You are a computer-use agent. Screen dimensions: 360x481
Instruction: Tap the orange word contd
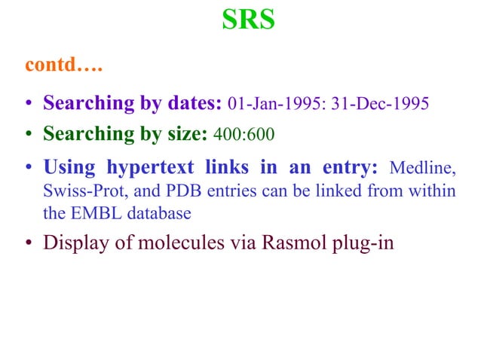click(64, 66)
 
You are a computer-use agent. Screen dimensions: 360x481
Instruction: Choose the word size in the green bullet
click(192, 135)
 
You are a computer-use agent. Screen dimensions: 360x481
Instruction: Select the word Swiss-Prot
click(75, 191)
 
